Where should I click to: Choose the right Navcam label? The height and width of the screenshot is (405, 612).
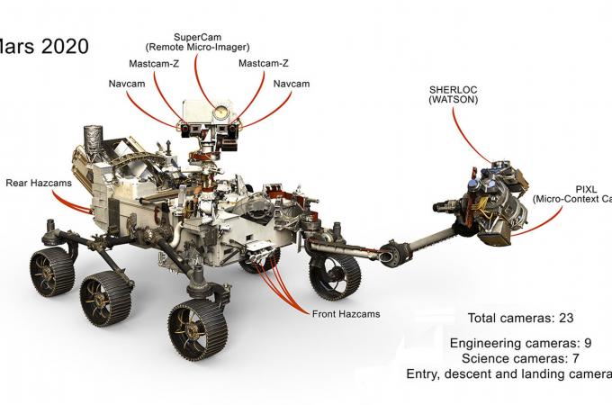[291, 84]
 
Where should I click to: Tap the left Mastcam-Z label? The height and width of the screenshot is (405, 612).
[154, 64]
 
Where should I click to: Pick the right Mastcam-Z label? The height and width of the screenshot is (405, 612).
[263, 64]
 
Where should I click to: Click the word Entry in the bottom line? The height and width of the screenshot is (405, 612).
[424, 374]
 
